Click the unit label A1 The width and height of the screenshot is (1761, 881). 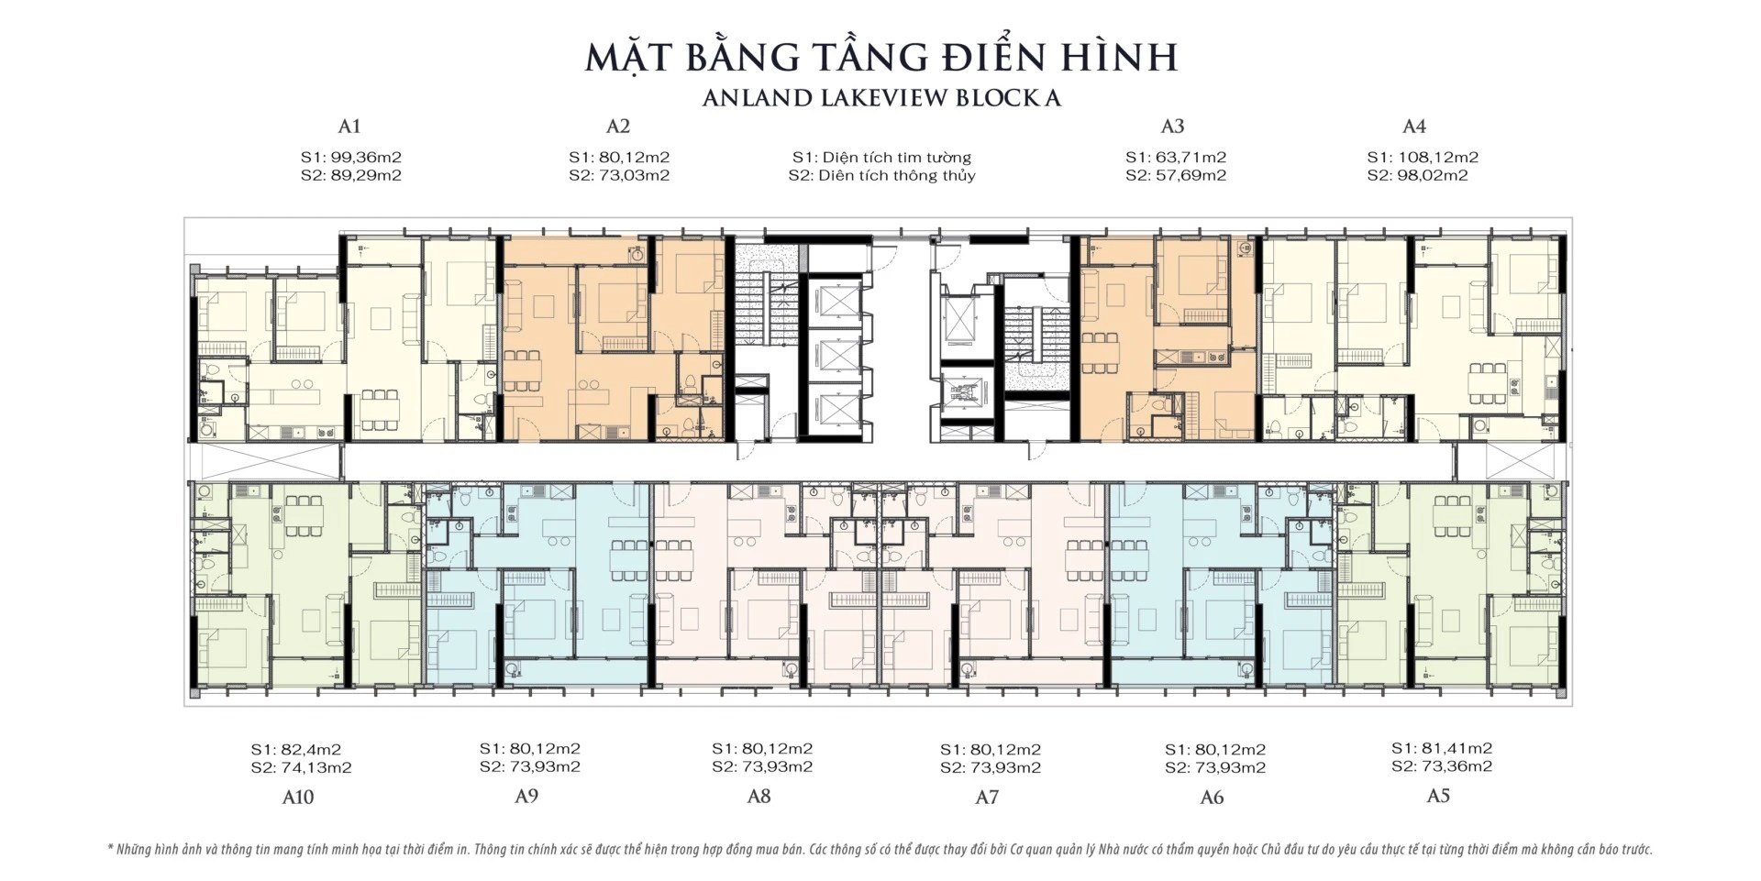(x=349, y=127)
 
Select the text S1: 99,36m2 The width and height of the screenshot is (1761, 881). (x=350, y=157)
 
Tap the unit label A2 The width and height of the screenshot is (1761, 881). (x=618, y=127)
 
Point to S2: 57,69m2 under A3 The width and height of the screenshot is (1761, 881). (x=1176, y=175)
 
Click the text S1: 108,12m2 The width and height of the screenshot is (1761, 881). (x=1423, y=157)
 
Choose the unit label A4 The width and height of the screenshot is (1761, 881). (x=1414, y=127)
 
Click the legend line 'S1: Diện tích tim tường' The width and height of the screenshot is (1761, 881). (x=881, y=157)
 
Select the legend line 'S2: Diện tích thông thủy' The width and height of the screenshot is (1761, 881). (x=881, y=175)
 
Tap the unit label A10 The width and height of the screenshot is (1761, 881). (x=298, y=798)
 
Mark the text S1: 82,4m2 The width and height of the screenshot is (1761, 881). (x=295, y=749)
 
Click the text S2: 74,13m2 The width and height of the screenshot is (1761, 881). (x=301, y=767)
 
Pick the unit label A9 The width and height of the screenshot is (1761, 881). (x=526, y=796)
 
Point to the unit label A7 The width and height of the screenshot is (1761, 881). (x=987, y=798)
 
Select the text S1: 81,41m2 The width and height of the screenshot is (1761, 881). (x=1442, y=748)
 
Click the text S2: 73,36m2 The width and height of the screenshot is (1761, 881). (x=1442, y=766)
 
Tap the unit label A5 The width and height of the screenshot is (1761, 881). (x=1438, y=796)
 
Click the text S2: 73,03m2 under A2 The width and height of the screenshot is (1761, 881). (x=619, y=175)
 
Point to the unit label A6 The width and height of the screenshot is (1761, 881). (x=1212, y=798)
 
